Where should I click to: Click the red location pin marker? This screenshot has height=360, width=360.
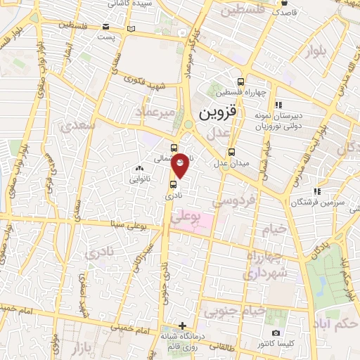[181, 164]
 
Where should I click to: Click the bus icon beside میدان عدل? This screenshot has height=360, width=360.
[232, 152]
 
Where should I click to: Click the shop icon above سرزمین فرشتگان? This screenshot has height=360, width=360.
[317, 191]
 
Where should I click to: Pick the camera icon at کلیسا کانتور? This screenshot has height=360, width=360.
[276, 333]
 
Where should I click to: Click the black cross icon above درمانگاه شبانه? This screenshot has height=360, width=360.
[183, 326]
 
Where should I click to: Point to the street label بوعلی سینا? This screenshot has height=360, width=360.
[127, 225]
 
